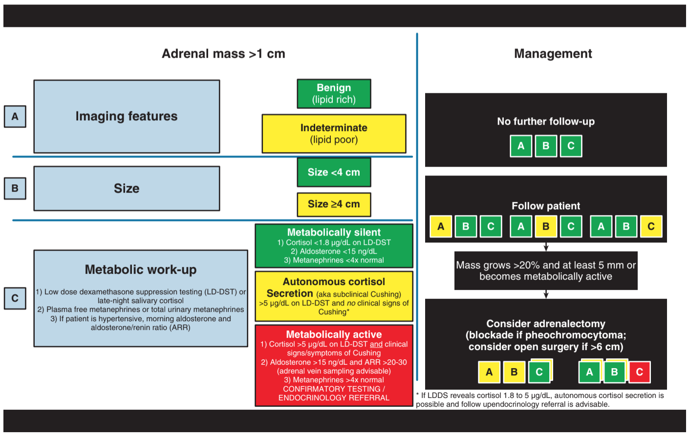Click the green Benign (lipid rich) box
click(x=334, y=94)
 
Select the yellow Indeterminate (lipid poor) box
click(x=334, y=134)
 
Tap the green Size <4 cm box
click(x=334, y=172)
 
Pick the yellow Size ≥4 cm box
click(x=334, y=204)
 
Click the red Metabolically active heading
click(x=334, y=334)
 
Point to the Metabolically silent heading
click(x=334, y=232)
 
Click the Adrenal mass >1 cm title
click(x=224, y=53)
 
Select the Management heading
click(x=553, y=53)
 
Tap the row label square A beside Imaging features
click(x=15, y=117)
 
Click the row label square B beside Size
click(x=15, y=188)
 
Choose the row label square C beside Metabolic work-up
click(x=15, y=298)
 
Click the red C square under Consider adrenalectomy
click(x=640, y=372)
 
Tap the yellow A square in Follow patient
click(x=441, y=226)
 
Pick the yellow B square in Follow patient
click(x=546, y=226)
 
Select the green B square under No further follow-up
click(x=546, y=146)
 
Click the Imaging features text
click(x=127, y=116)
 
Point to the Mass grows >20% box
click(x=546, y=271)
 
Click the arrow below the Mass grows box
click(x=546, y=294)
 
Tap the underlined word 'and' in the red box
click(x=376, y=344)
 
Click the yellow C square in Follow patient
click(x=651, y=226)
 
